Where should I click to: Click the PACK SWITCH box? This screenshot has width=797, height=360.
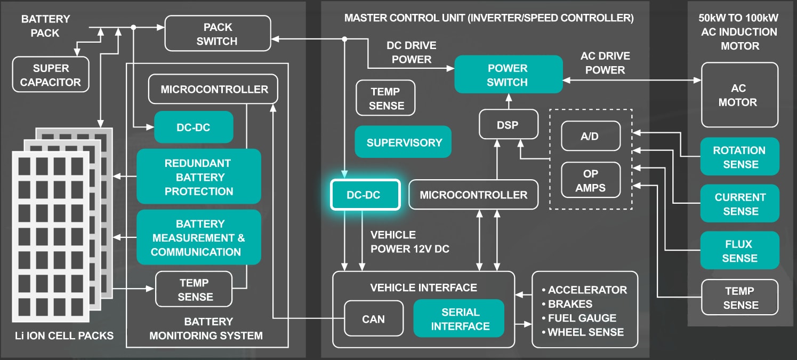218,34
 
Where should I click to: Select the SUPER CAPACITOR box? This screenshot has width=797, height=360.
51,75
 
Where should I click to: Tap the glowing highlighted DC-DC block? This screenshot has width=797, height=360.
365,195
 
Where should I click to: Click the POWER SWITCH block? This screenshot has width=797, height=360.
509,75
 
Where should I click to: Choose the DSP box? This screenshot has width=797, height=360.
509,124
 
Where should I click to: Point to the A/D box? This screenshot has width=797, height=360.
591,136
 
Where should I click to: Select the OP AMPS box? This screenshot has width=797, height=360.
591,180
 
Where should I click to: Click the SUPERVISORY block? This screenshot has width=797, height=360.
403,142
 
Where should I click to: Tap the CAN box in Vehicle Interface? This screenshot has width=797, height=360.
374,319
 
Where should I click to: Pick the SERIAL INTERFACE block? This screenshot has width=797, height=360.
459,319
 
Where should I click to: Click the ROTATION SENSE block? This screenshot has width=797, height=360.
740,157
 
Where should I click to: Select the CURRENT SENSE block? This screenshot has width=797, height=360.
740,203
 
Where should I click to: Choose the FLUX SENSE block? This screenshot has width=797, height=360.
740,250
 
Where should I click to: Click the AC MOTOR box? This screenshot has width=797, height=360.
740,95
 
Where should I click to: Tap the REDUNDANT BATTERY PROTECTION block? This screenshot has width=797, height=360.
199,177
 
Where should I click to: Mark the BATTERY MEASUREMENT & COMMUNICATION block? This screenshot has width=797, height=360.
199,237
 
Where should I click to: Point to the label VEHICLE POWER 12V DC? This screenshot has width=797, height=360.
410,242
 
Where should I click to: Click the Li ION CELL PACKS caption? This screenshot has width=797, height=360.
65,335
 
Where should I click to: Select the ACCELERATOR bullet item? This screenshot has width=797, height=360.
584,290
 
